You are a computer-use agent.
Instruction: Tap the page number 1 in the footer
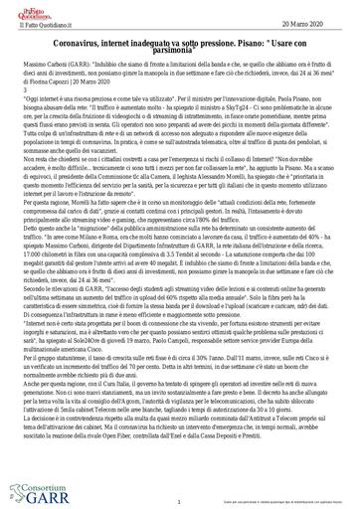click(x=176, y=503)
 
